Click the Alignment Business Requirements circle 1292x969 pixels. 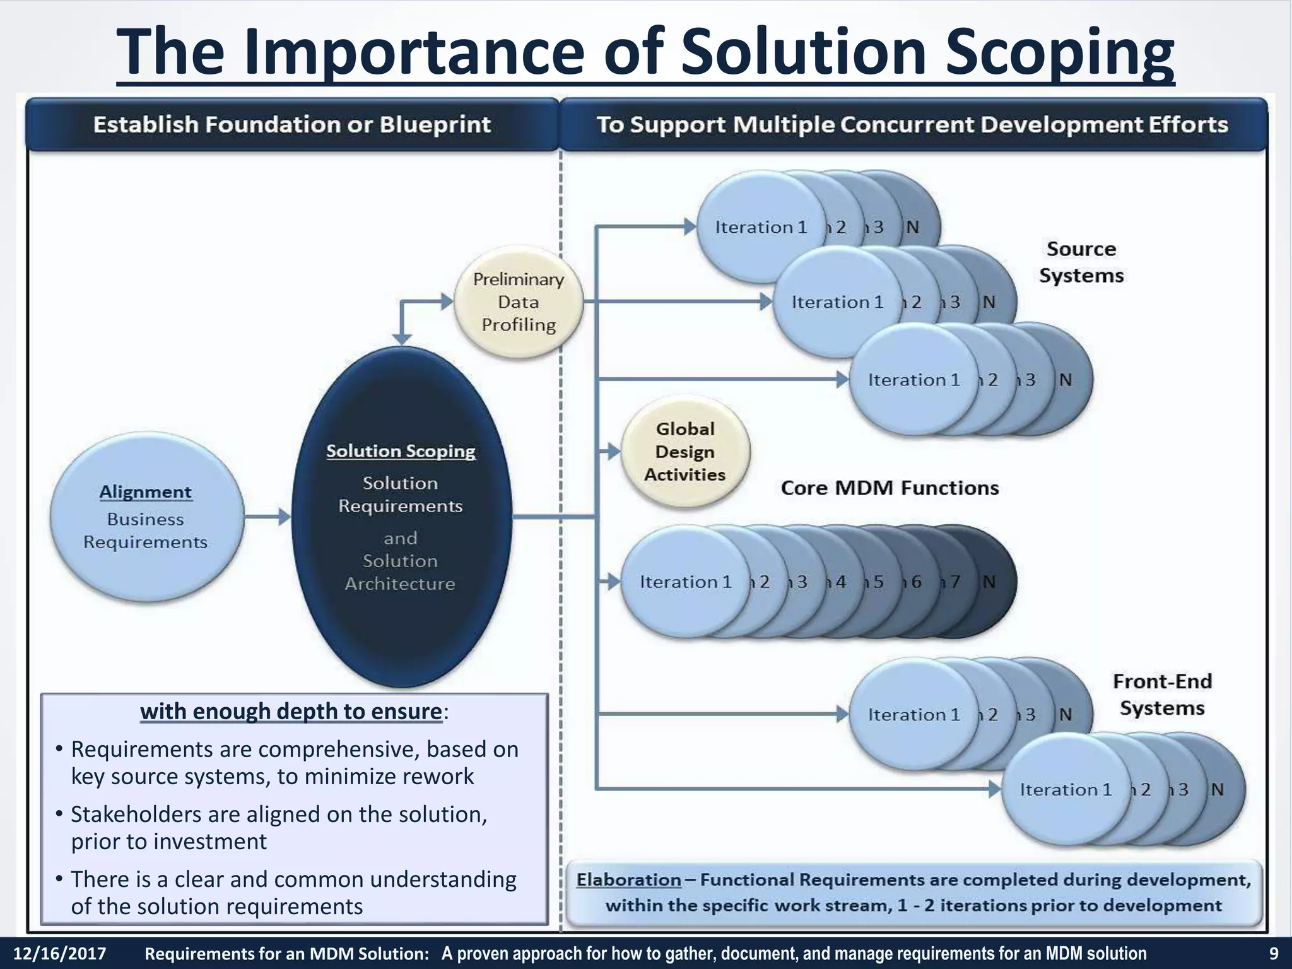pos(146,517)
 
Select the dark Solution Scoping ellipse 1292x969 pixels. pos(401,517)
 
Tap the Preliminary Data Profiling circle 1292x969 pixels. pos(519,302)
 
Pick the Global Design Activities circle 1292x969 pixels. pos(685,452)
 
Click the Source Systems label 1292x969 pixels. pos(1081,262)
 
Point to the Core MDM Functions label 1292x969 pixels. pos(890,488)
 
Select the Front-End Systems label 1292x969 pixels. pos(1162,695)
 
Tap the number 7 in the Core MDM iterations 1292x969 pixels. pos(955,582)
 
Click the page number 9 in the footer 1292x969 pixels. pos(1273,953)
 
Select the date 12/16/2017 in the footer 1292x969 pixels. pos(60,953)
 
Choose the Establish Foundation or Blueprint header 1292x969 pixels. pos(292,124)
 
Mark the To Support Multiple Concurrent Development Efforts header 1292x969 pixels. pos(912,124)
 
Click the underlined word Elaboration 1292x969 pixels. pos(628,879)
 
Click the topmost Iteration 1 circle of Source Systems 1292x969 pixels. pos(761,227)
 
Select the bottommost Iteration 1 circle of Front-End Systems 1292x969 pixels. pos(1066,790)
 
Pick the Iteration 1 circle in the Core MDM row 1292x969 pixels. pos(685,582)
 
